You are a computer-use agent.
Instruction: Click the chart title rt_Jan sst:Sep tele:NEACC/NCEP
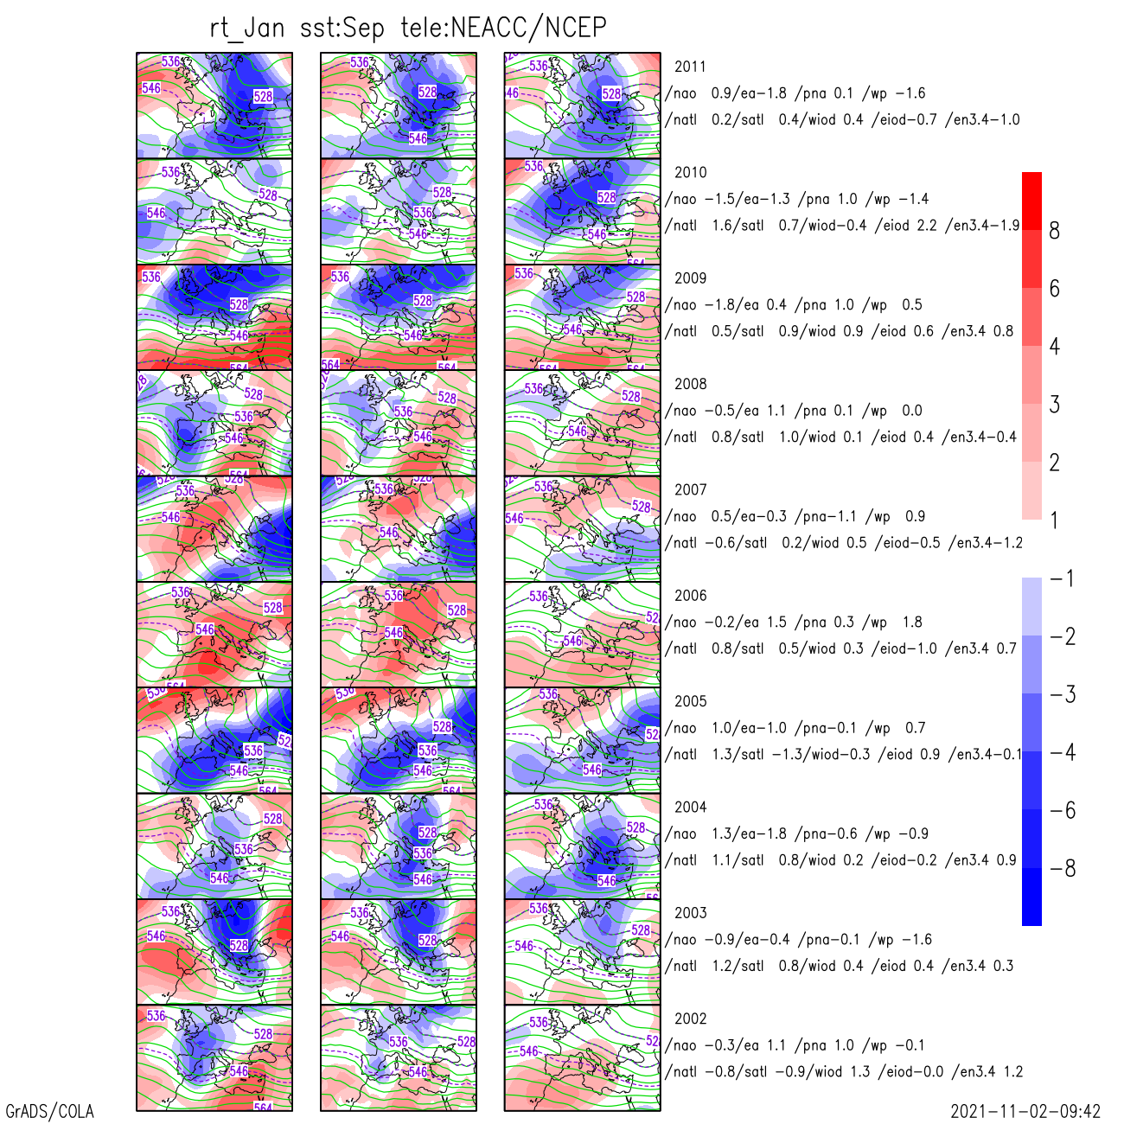407,28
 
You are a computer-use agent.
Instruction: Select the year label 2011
690,67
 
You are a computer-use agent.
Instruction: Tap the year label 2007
690,490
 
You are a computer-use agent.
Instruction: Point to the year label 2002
690,1019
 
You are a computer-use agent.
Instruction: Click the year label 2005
690,701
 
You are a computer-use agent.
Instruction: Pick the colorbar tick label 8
1054,231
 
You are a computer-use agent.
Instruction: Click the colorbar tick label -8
1063,869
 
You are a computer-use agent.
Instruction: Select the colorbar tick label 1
1054,520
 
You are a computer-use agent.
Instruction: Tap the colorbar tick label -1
1063,578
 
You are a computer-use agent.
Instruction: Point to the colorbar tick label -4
1063,753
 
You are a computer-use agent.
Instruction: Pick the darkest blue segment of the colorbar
1031,897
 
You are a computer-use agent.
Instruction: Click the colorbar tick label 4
1054,347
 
